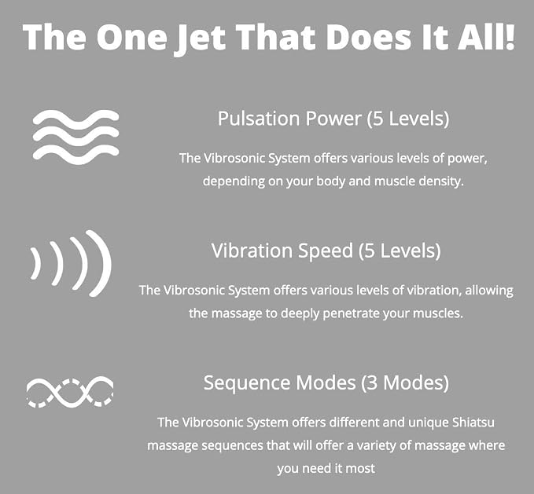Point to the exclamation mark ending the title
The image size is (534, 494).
click(510, 37)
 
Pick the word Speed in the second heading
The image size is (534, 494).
click(326, 251)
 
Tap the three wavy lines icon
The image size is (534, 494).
click(76, 137)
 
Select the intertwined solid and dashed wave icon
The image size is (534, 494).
click(70, 392)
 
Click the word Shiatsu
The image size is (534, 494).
click(473, 423)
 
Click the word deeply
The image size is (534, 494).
click(300, 313)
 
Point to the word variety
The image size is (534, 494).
click(377, 446)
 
